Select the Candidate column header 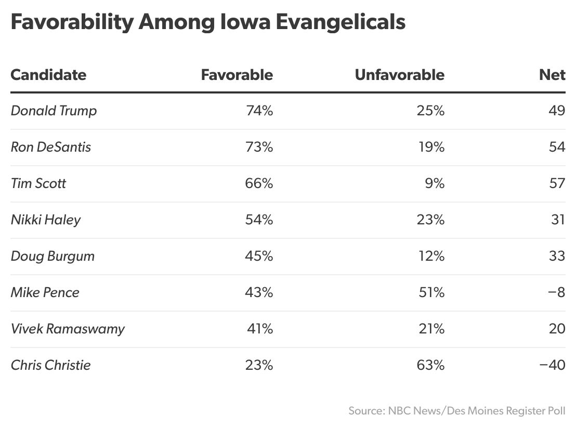coord(48,75)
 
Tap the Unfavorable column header coord(399,75)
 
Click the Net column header coord(552,75)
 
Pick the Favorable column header coord(237,75)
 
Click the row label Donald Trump coord(54,111)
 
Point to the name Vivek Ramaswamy coord(68,329)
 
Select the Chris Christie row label coord(50,365)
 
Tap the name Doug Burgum coord(53,256)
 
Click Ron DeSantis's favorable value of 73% coord(259,147)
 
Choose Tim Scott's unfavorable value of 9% coord(435,183)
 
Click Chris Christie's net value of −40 coord(552,365)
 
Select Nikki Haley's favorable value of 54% coord(259,220)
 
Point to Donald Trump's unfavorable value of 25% coord(430,111)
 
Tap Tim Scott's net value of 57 coord(557,183)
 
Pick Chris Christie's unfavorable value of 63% coord(430,365)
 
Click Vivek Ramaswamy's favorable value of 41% coord(260,329)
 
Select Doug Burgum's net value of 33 coord(557,256)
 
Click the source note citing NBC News coord(456,411)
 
